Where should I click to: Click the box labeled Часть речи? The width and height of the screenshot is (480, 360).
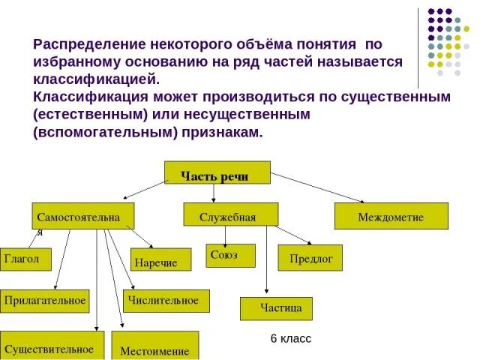click(x=217, y=172)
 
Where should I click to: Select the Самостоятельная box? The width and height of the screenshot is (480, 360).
click(x=82, y=215)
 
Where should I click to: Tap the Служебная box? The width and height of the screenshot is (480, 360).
click(x=230, y=214)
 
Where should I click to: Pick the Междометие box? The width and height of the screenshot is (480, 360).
click(x=391, y=216)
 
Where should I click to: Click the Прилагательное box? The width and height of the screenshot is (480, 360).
click(x=45, y=301)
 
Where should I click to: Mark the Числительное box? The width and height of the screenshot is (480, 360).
click(x=165, y=301)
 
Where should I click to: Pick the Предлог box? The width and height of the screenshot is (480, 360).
click(x=310, y=257)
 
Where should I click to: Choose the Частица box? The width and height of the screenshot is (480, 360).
click(x=276, y=308)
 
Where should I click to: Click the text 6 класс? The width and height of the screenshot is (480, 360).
click(x=291, y=339)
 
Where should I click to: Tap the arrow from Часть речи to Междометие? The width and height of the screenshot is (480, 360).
click(x=319, y=187)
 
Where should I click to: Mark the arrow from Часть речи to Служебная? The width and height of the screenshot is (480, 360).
click(x=214, y=193)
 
